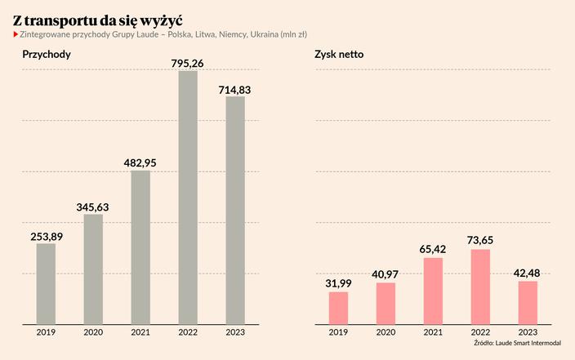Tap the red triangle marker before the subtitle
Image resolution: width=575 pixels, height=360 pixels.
click(x=16, y=35)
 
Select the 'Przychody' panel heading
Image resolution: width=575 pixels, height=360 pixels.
click(x=46, y=55)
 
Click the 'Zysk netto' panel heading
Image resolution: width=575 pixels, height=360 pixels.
click(x=339, y=55)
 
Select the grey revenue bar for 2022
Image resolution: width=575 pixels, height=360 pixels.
click(x=188, y=197)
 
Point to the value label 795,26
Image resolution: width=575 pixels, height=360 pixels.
click(x=188, y=61)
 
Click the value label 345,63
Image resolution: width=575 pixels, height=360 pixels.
click(x=93, y=207)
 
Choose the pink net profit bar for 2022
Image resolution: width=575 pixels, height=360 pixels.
click(x=481, y=286)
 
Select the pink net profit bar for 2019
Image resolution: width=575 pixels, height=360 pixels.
click(x=338, y=307)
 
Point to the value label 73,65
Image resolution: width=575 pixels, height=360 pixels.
click(x=481, y=240)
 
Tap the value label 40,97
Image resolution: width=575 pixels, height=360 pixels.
click(x=386, y=274)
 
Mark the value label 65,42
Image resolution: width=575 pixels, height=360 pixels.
click(x=434, y=249)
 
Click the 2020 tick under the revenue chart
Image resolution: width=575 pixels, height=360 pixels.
click(x=93, y=332)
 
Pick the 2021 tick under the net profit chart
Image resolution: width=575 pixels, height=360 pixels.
click(x=434, y=332)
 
